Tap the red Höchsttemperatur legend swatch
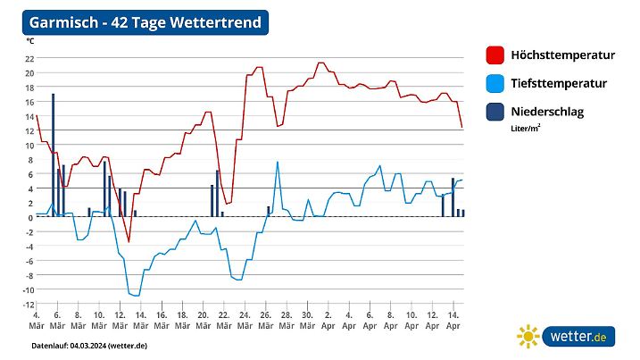(x=496, y=55)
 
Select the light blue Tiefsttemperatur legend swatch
(x=496, y=84)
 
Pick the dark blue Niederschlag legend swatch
(x=496, y=113)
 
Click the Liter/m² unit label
(x=526, y=128)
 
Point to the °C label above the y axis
(x=30, y=41)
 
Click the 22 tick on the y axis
(x=29, y=58)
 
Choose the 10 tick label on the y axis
(x=29, y=145)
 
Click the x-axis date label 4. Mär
(x=36, y=321)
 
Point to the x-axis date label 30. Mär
(x=307, y=321)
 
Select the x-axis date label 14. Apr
(x=453, y=321)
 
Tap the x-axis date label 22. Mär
(x=223, y=321)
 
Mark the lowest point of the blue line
(x=137, y=295)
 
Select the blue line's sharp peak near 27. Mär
(x=278, y=162)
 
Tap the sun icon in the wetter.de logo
(x=528, y=337)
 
